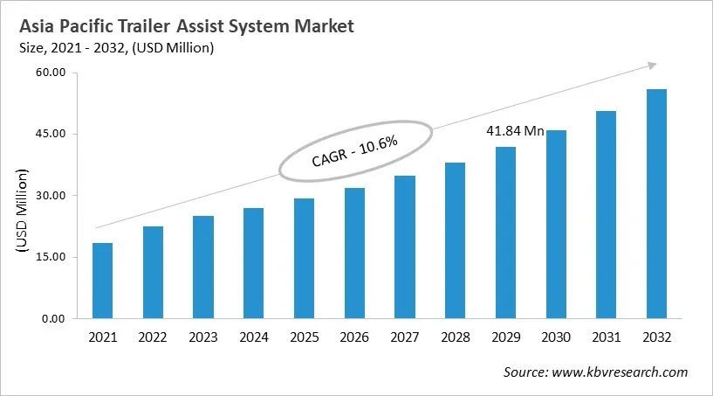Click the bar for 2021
102,281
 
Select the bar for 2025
304,259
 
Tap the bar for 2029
505,233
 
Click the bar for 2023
203,267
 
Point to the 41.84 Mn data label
515,131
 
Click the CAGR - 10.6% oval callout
355,151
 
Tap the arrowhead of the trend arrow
651,65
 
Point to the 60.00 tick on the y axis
51,73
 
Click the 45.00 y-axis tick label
51,134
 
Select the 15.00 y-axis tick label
51,257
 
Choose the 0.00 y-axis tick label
55,318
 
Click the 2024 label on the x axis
253,337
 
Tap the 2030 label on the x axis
555,337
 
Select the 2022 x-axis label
153,337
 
